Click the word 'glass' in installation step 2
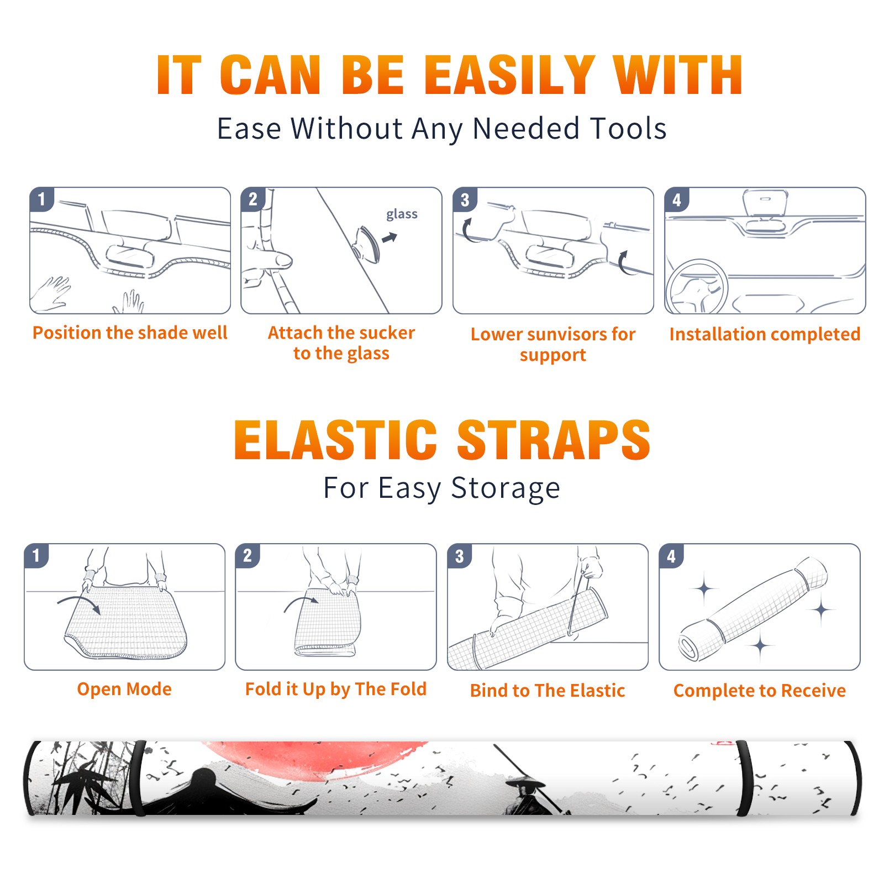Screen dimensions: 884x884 point(402,214)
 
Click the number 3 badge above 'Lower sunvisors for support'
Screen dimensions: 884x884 point(465,199)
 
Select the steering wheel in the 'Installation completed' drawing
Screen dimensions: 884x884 point(697,287)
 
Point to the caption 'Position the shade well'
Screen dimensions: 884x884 point(130,333)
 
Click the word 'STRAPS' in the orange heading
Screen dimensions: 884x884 point(554,440)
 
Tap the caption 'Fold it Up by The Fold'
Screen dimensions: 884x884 point(336,689)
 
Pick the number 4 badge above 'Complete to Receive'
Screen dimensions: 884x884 point(671,556)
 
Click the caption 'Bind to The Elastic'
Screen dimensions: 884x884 point(548,691)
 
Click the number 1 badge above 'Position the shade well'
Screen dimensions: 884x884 point(41,199)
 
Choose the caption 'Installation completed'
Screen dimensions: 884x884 point(765,334)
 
